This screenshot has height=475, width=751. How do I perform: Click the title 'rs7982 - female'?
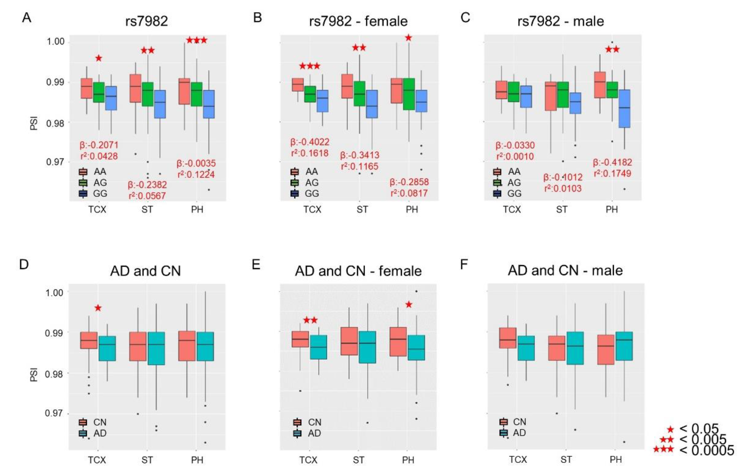pyautogui.click(x=358, y=21)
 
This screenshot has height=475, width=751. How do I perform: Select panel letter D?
pyautogui.click(x=24, y=265)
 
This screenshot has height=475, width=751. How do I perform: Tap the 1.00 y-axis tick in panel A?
pyautogui.click(x=56, y=41)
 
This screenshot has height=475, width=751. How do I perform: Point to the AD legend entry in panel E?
pyautogui.click(x=314, y=433)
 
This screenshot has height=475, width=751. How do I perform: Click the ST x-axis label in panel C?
pyautogui.click(x=561, y=209)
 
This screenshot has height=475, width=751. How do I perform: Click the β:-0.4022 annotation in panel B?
pyautogui.click(x=310, y=142)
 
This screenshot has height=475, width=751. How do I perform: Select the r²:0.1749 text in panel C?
pyautogui.click(x=612, y=173)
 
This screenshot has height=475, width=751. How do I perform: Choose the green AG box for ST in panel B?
pyautogui.click(x=359, y=94)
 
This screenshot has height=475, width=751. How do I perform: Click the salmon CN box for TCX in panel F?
pyautogui.click(x=508, y=338)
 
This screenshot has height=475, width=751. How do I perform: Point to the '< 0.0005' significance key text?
pyautogui.click(x=706, y=450)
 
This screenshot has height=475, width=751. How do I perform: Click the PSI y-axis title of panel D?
pyautogui.click(x=34, y=374)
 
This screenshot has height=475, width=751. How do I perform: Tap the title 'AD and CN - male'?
pyautogui.click(x=565, y=270)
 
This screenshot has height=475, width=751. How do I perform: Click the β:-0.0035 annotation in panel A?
pyautogui.click(x=196, y=163)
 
